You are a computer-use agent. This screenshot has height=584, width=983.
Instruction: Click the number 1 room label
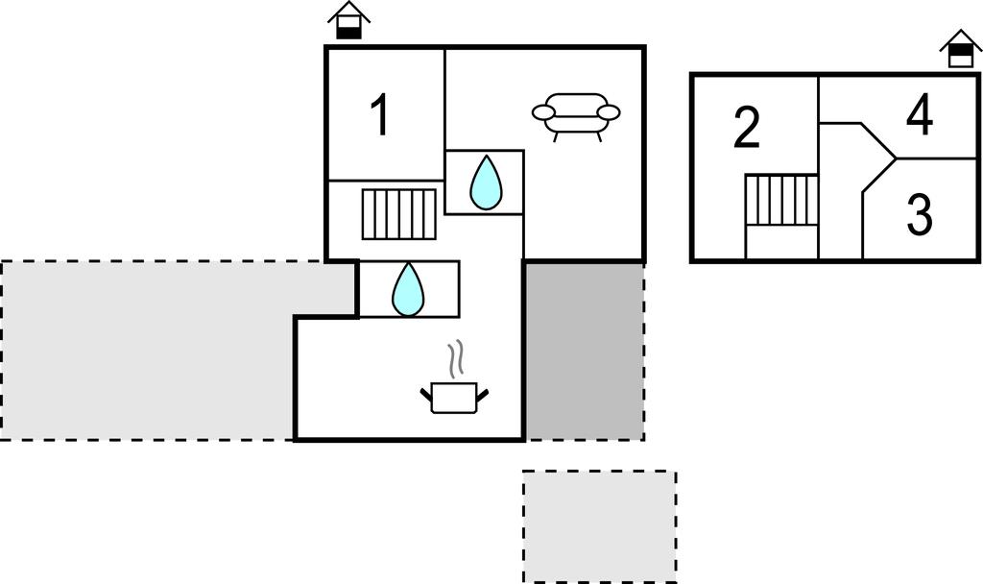point(380,114)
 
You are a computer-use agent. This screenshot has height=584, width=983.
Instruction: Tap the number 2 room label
point(747,128)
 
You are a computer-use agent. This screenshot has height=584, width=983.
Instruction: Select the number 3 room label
point(920,215)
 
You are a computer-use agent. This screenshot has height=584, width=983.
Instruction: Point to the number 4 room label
point(920,115)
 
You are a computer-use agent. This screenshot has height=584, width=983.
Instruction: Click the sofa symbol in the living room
point(576,116)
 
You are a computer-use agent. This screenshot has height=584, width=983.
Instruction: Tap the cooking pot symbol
point(454,397)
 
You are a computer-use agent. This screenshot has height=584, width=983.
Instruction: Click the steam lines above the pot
point(458,359)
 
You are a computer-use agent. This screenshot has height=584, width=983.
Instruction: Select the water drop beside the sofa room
point(486,182)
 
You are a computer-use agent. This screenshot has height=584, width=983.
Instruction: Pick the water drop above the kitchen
point(408,289)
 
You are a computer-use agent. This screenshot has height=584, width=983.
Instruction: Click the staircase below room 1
point(399,214)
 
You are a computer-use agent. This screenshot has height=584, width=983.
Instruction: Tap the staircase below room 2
point(781,200)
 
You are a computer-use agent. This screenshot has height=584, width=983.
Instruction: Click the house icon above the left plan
point(349,21)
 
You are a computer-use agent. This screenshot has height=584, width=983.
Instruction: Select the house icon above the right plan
point(960,48)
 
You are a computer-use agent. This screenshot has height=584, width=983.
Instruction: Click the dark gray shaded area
point(585,352)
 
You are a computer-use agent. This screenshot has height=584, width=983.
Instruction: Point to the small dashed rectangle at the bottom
point(600,527)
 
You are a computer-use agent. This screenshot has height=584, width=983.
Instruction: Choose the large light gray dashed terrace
point(148,350)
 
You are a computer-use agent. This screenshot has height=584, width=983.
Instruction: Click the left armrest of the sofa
point(543,112)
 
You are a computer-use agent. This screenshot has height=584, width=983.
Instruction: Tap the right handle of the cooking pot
point(483,395)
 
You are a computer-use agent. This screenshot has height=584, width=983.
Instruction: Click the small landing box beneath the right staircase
point(781,242)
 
